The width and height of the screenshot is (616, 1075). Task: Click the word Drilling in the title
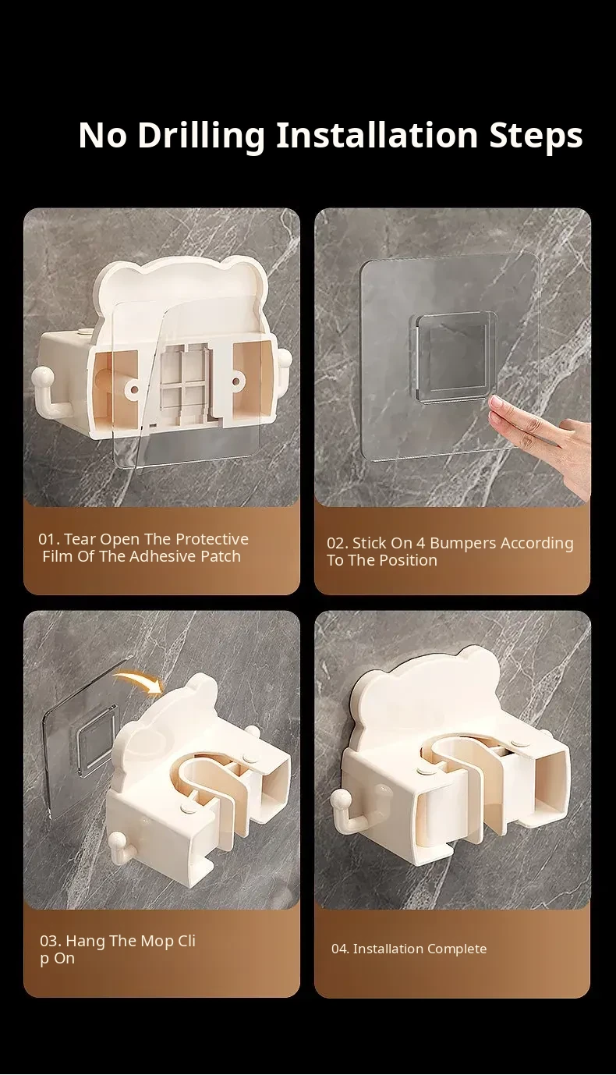201,137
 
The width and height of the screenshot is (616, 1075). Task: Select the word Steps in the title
536,137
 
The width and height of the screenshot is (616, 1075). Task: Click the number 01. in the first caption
49,539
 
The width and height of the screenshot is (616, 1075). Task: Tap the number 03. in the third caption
51,940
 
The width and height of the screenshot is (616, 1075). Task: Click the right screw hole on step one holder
236,382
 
